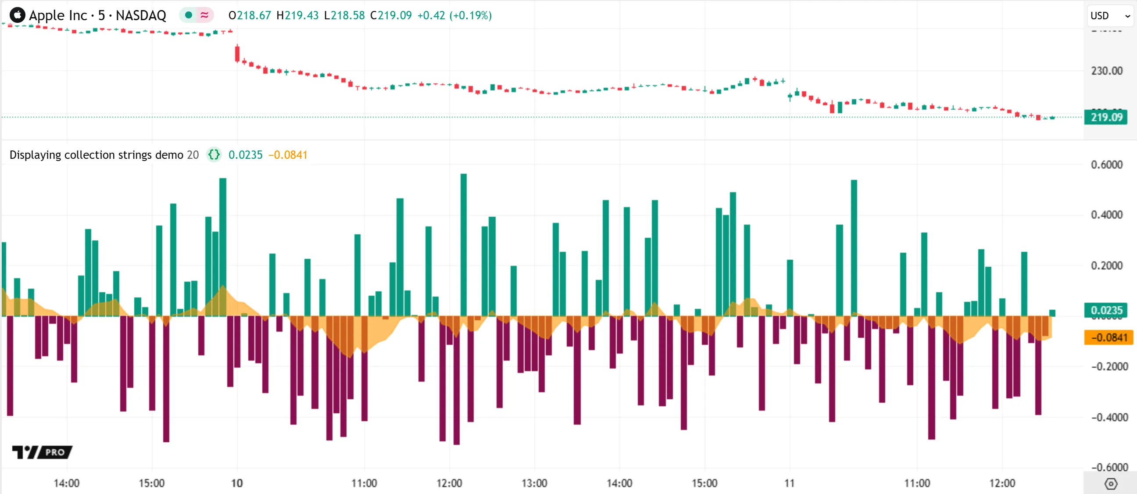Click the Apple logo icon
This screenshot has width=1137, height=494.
point(17,15)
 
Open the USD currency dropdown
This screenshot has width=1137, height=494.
point(1110,16)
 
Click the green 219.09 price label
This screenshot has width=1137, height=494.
point(1106,118)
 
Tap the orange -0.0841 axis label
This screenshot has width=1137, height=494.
point(1108,338)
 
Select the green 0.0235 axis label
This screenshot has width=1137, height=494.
point(1106,310)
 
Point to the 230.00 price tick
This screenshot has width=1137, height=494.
point(1106,71)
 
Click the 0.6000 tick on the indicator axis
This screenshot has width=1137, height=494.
point(1106,165)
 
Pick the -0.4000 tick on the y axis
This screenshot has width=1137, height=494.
point(1109,417)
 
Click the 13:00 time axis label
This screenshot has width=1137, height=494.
point(534,483)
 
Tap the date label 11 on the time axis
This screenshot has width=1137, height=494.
point(789,483)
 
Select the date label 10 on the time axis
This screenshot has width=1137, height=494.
point(237,483)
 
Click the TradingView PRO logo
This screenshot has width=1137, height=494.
point(43,452)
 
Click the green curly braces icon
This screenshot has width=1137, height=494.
point(214,155)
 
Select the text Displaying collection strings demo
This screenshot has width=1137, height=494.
point(96,155)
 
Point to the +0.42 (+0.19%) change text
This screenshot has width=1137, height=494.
point(454,15)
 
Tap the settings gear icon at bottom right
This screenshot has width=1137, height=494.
point(1111,484)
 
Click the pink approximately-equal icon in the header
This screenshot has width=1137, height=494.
point(204,15)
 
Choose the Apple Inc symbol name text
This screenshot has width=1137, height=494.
point(58,15)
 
